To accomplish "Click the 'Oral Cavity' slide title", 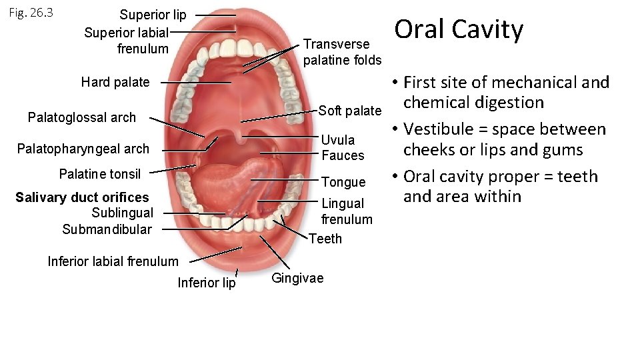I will tap(459, 29).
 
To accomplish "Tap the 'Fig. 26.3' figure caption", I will tap(32, 13).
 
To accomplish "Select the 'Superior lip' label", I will tap(153, 15).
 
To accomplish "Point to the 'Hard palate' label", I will tap(115, 82).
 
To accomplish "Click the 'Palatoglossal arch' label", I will tap(82, 117).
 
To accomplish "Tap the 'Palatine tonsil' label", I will tap(100, 174).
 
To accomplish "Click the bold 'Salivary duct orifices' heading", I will tap(82, 197).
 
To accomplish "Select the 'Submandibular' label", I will tap(107, 229).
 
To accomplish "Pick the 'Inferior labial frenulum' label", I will tap(113, 261).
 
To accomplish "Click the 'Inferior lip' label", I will tap(206, 283).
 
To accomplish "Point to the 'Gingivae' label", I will tap(297, 278).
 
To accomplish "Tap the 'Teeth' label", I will tap(325, 238).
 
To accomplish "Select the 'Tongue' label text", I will tap(343, 182).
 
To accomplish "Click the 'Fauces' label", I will tap(343, 155).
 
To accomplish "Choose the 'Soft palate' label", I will tap(350, 110).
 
